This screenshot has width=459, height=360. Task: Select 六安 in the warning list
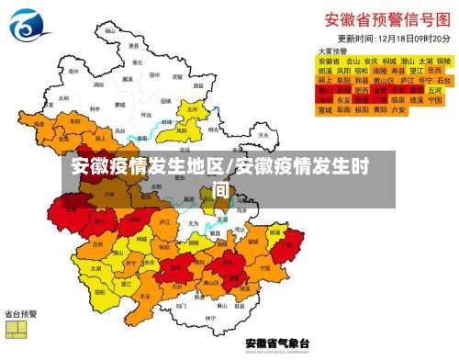[x=397, y=109]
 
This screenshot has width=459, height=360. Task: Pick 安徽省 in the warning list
[x=329, y=61]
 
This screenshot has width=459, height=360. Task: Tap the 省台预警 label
[x=21, y=313]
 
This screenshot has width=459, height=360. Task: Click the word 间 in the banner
[x=219, y=189]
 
